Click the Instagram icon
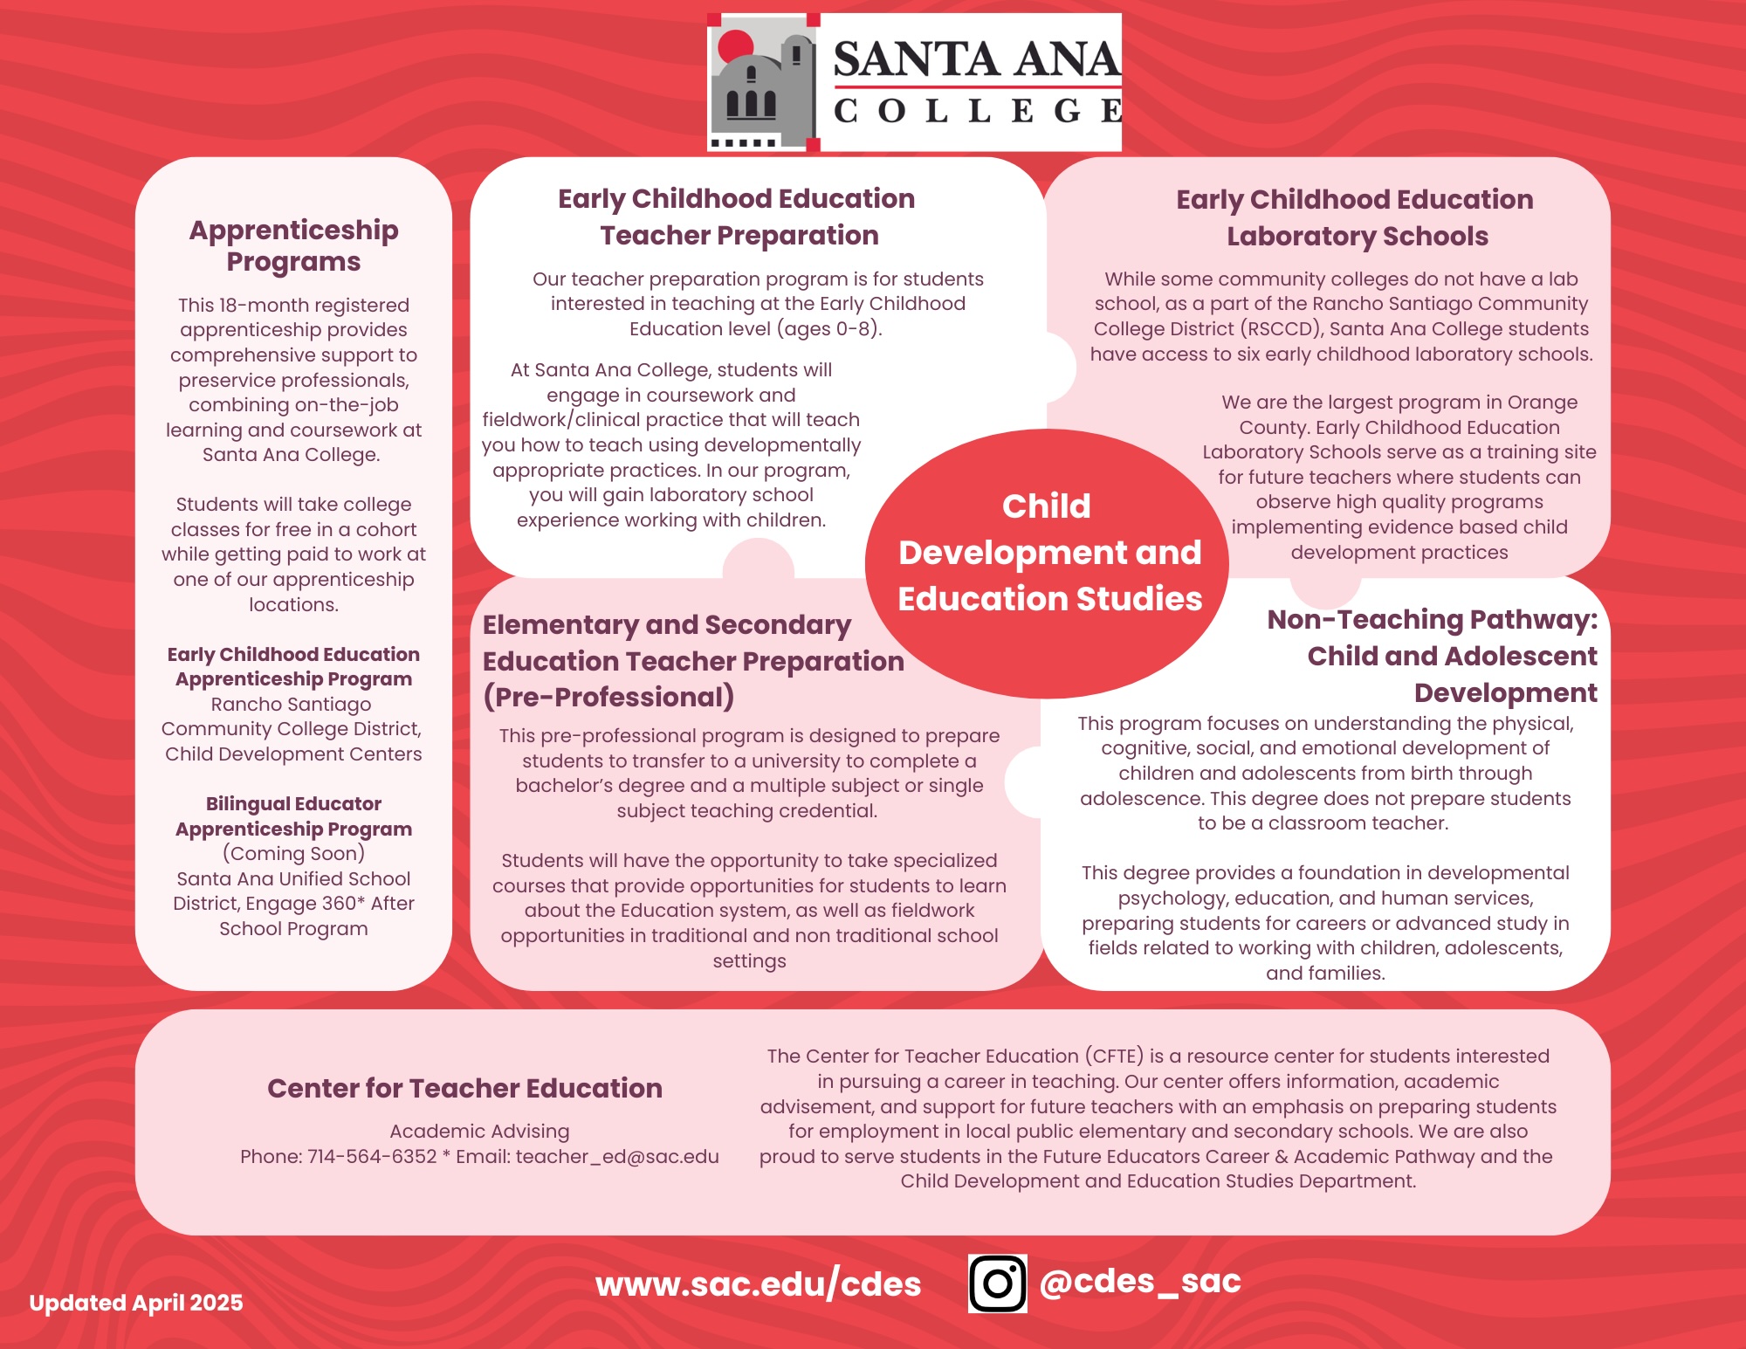click(x=997, y=1283)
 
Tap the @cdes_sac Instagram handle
click(x=1140, y=1281)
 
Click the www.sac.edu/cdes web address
click(x=758, y=1284)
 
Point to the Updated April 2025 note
click(x=136, y=1303)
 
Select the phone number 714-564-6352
click(x=372, y=1157)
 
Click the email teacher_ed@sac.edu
click(x=617, y=1157)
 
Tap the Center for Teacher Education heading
click(x=464, y=1088)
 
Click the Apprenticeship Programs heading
click(x=293, y=245)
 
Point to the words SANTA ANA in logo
click(x=976, y=59)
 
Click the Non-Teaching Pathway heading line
click(x=1432, y=619)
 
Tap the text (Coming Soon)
click(x=293, y=853)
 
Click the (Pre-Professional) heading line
click(x=608, y=697)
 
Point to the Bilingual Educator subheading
click(x=293, y=803)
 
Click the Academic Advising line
click(x=479, y=1132)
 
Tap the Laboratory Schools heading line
click(x=1357, y=236)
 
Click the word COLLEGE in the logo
click(x=976, y=111)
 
